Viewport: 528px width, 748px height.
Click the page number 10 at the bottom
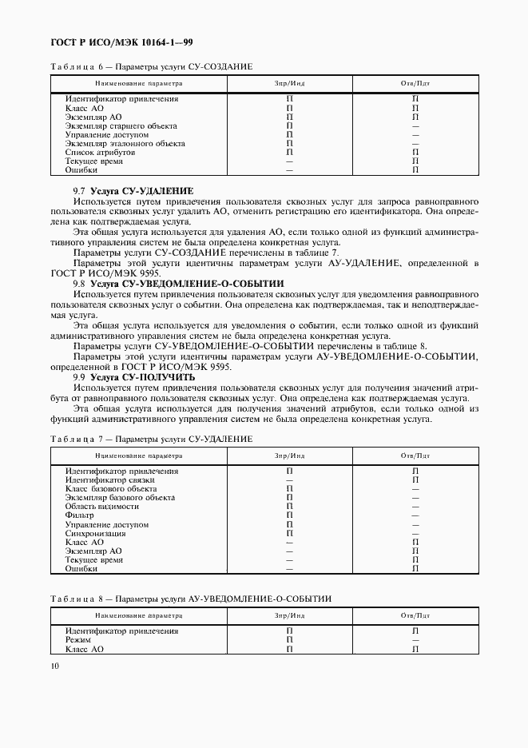[x=54, y=666]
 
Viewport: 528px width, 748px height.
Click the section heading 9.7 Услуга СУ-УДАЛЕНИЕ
[x=133, y=191]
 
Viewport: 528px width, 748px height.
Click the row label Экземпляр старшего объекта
[x=121, y=126]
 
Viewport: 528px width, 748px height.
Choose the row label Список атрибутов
[x=100, y=152]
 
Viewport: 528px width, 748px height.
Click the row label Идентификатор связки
[x=105, y=479]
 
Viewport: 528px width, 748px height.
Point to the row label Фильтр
[x=81, y=515]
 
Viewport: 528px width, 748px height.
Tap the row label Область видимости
[x=102, y=506]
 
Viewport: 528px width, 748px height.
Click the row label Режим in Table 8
[x=78, y=640]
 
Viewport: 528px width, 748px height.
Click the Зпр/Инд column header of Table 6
[x=289, y=83]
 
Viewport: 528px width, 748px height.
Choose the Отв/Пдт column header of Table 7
[x=415, y=456]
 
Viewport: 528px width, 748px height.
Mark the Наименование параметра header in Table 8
[x=138, y=616]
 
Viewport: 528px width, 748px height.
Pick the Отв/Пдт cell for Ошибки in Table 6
[x=415, y=170]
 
